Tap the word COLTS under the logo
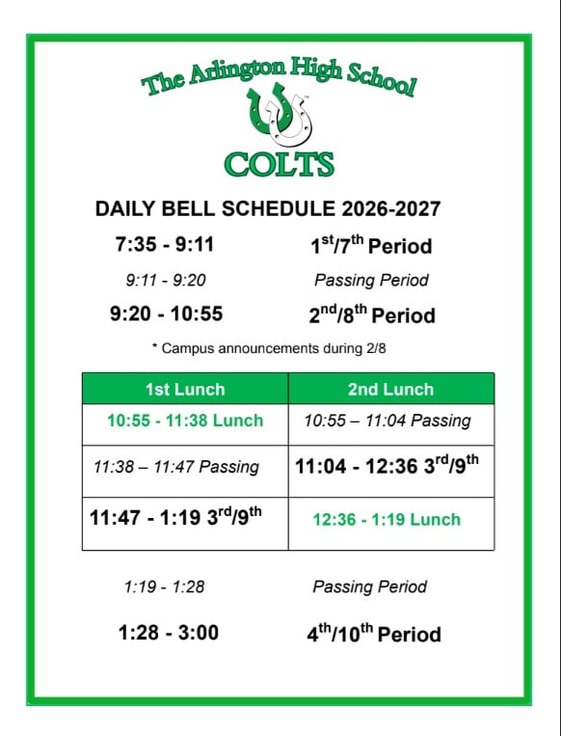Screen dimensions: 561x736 pos(280,164)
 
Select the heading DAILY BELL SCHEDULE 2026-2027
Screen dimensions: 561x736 pos(268,209)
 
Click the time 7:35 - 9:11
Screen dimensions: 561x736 pos(165,244)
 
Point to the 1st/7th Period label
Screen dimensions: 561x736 pos(371,245)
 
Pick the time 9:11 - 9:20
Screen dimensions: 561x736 pos(166,281)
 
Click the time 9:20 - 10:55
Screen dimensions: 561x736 pos(166,313)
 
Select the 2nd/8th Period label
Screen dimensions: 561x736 pos(372,314)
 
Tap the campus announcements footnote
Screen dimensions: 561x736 pos(269,348)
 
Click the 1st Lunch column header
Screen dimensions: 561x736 pos(185,389)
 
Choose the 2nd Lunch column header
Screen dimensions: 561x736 pos(390,389)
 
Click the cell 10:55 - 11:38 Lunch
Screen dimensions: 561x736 pos(185,421)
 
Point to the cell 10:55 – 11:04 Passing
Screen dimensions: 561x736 pos(387,421)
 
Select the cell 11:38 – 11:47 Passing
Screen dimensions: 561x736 pos(175,467)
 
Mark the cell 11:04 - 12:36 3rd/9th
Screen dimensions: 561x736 pos(387,465)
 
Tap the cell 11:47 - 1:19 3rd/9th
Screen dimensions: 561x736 pos(175,517)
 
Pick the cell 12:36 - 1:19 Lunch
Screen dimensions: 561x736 pos(387,520)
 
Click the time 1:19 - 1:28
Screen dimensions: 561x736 pos(164,586)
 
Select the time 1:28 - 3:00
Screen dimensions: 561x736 pos(169,632)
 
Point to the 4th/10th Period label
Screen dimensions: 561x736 pos(374,633)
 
